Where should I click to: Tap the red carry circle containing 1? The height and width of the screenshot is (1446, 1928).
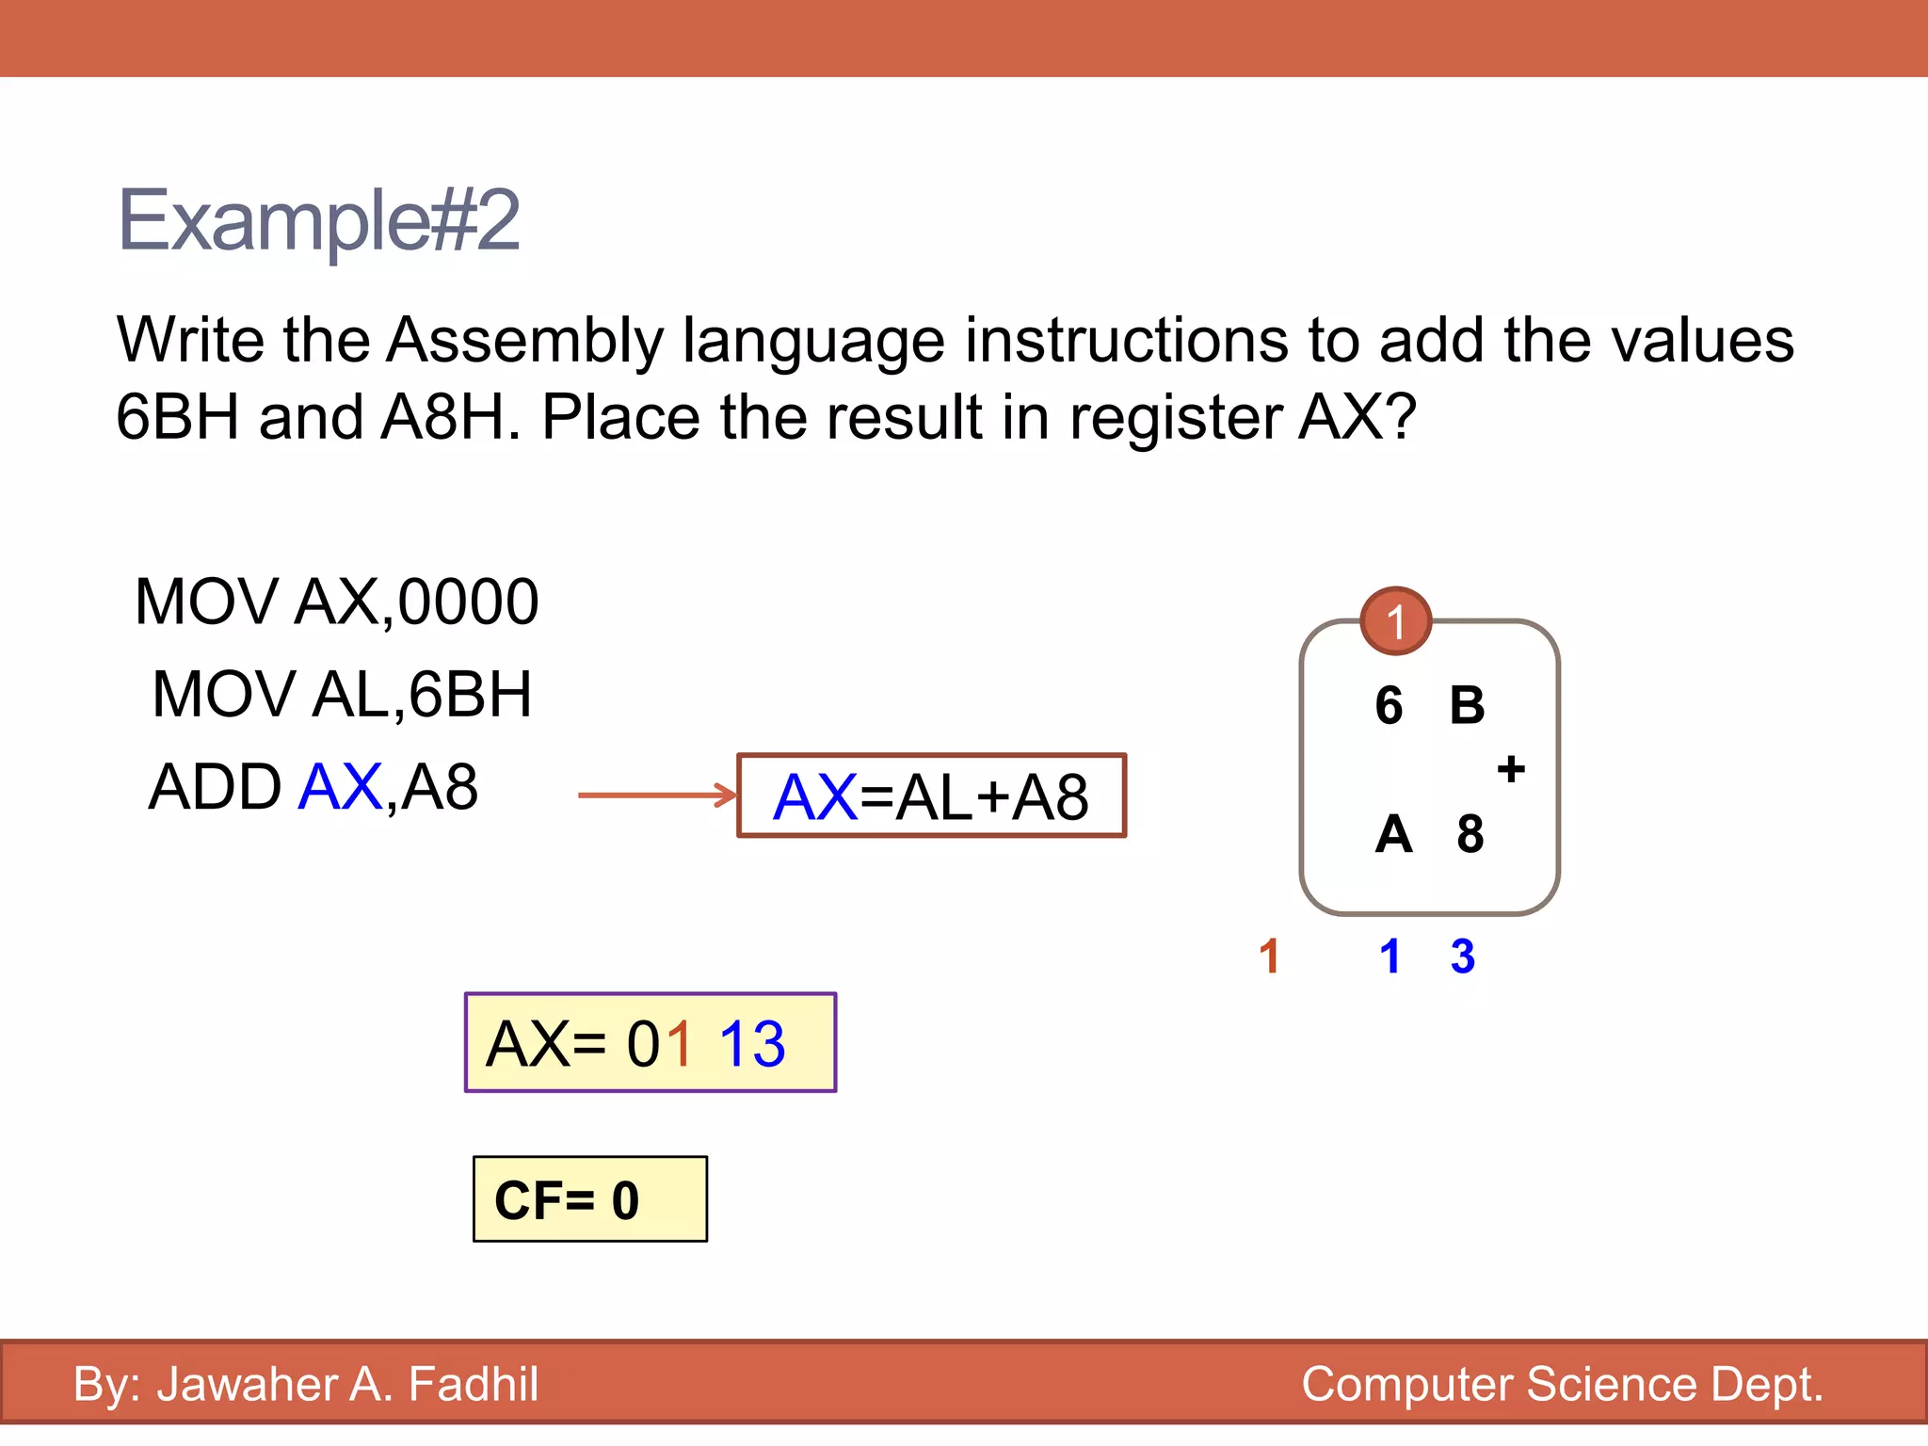pyautogui.click(x=1396, y=620)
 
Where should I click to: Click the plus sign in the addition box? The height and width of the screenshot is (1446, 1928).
pyautogui.click(x=1511, y=769)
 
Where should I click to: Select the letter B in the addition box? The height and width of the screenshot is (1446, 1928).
pyautogui.click(x=1467, y=705)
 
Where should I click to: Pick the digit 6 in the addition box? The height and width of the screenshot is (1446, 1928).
pyautogui.click(x=1389, y=705)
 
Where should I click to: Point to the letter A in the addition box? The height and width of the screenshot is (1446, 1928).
pyautogui.click(x=1393, y=834)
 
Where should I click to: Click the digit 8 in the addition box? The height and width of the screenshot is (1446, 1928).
pyautogui.click(x=1470, y=834)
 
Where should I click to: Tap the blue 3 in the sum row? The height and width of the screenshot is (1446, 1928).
pyautogui.click(x=1462, y=956)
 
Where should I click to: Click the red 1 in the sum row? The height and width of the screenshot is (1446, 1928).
pyautogui.click(x=1269, y=956)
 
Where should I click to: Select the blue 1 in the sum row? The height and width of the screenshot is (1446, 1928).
pyautogui.click(x=1390, y=956)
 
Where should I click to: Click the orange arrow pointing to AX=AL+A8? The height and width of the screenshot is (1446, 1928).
pyautogui.click(x=657, y=795)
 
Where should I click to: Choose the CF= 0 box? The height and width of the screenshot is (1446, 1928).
pyautogui.click(x=589, y=1199)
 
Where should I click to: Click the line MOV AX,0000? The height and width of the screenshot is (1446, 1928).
pyautogui.click(x=336, y=602)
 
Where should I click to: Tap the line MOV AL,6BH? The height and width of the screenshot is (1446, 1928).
pyautogui.click(x=342, y=695)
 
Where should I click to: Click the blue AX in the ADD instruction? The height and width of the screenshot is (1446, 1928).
pyautogui.click(x=340, y=787)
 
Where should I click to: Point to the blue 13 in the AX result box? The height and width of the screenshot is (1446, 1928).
pyautogui.click(x=751, y=1044)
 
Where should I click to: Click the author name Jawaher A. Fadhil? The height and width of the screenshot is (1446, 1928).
pyautogui.click(x=347, y=1384)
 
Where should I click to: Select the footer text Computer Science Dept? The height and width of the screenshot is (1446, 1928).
pyautogui.click(x=1562, y=1384)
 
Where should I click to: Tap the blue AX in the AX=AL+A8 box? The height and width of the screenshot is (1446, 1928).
pyautogui.click(x=815, y=797)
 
